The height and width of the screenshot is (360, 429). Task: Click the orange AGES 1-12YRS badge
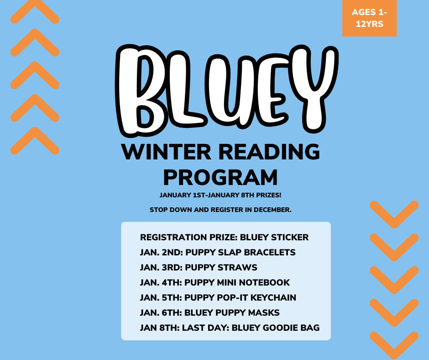click(369, 18)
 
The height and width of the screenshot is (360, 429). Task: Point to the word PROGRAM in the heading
click(221, 177)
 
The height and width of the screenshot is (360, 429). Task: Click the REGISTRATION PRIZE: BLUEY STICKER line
click(224, 238)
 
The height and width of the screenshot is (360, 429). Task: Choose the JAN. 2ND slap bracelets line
click(218, 253)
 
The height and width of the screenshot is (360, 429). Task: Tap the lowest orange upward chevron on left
click(35, 140)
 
